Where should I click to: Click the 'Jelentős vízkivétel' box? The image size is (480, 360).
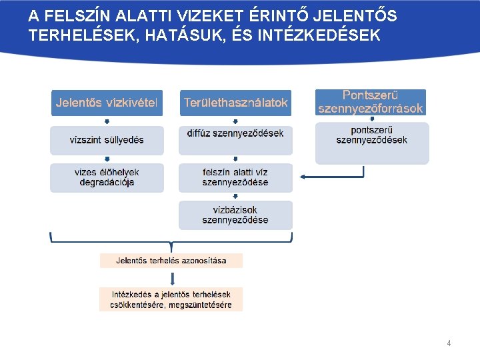[107, 103]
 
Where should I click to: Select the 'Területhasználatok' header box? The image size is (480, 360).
[235, 103]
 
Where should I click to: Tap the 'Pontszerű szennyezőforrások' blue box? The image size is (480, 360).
[371, 102]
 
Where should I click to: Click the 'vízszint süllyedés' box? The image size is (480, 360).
[107, 140]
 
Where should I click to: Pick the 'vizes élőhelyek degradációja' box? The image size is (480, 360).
[107, 177]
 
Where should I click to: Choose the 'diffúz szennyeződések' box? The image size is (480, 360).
[235, 133]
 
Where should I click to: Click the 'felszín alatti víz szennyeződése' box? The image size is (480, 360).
[235, 177]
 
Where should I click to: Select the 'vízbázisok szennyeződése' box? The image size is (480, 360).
[235, 215]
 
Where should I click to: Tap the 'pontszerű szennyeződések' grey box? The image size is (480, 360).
[371, 142]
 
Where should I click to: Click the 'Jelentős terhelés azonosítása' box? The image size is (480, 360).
[171, 260]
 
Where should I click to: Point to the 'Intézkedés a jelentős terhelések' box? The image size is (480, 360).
[171, 299]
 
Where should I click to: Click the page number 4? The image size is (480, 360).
[449, 343]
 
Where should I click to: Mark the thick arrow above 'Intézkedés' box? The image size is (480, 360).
[171, 277]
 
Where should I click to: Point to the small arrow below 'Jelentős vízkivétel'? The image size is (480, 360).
[107, 121]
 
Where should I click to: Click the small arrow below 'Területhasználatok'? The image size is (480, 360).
[235, 121]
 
